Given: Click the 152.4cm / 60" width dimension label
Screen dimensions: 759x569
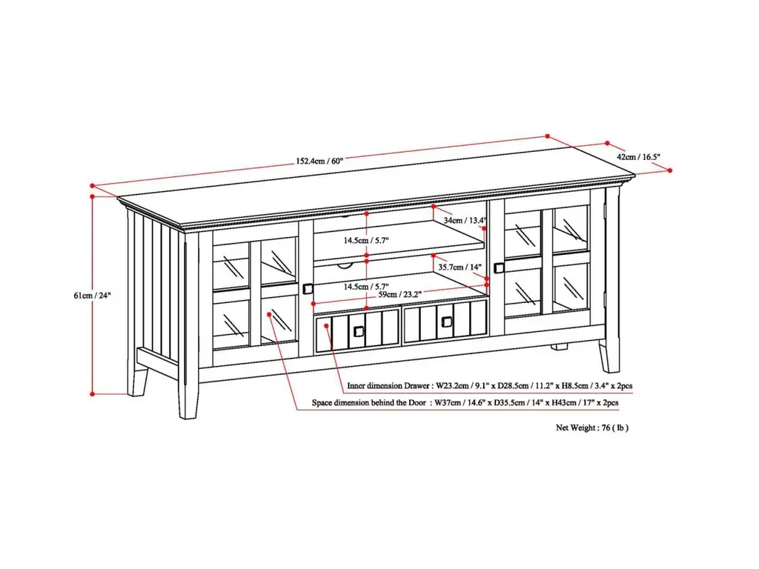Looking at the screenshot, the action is (x=319, y=161).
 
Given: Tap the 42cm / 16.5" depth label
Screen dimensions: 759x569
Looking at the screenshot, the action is (x=638, y=157).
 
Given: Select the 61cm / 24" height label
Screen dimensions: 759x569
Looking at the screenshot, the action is (x=92, y=295).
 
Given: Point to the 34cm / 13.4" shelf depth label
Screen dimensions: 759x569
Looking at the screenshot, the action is (x=465, y=220).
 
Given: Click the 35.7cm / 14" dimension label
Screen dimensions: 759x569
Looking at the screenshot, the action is (x=460, y=267).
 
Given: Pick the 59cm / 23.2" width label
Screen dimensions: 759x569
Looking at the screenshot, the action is (x=400, y=294).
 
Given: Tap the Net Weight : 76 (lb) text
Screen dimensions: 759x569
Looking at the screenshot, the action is (x=592, y=427).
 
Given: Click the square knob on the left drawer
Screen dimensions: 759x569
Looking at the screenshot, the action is (x=358, y=331).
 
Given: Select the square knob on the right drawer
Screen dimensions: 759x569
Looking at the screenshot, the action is (x=446, y=322).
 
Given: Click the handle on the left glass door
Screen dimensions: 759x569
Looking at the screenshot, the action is (x=308, y=289).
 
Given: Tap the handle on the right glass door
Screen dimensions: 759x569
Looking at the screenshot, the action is (x=499, y=267).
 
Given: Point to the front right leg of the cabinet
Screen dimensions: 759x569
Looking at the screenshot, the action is (x=609, y=356).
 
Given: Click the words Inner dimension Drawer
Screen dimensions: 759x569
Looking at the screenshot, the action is (x=388, y=386).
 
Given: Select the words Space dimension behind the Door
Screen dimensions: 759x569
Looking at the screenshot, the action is (x=369, y=402).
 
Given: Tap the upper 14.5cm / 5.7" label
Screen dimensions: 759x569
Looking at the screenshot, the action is (x=366, y=241).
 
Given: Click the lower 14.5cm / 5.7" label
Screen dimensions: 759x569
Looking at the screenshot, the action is (x=366, y=287).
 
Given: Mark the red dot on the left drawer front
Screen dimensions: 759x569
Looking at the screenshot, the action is (x=327, y=326).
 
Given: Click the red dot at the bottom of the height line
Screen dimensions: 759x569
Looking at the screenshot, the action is (x=92, y=394).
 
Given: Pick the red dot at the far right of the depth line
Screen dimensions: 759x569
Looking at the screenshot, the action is (x=670, y=170).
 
